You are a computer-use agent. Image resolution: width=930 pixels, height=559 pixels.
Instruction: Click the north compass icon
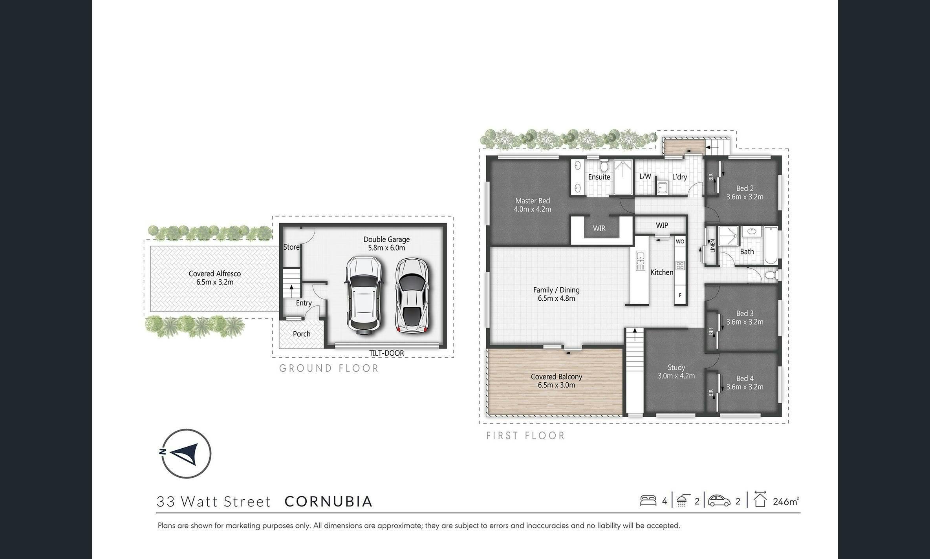click(x=186, y=453)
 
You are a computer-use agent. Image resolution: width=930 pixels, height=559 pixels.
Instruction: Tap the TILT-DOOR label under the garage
click(x=386, y=353)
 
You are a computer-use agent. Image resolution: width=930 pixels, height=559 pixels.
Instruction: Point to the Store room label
click(x=291, y=247)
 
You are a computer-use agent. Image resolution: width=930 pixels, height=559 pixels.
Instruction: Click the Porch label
click(x=302, y=334)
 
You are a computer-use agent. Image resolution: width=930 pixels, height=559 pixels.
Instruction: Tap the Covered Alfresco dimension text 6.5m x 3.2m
click(x=215, y=282)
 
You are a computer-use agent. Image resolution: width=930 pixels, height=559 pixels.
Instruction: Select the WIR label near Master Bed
click(x=599, y=228)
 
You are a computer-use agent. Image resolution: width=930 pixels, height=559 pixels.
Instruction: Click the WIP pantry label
click(x=662, y=225)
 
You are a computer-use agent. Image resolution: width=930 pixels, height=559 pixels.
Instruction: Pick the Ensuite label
click(x=599, y=177)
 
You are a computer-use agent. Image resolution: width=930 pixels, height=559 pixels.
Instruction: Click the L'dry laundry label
click(x=679, y=177)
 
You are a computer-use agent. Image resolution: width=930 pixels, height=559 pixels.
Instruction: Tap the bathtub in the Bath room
click(x=771, y=246)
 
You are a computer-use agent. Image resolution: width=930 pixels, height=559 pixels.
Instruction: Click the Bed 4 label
click(x=745, y=378)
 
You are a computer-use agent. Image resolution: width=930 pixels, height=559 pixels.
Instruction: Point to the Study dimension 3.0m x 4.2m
click(x=676, y=376)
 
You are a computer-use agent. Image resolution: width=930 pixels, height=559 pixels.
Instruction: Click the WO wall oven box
click(x=680, y=241)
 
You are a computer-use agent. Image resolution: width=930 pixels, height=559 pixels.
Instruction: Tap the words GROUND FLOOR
click(x=329, y=368)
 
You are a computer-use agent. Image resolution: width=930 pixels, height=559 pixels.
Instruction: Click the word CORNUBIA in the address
click(x=329, y=501)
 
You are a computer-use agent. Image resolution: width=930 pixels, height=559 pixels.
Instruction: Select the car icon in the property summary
click(x=719, y=501)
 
